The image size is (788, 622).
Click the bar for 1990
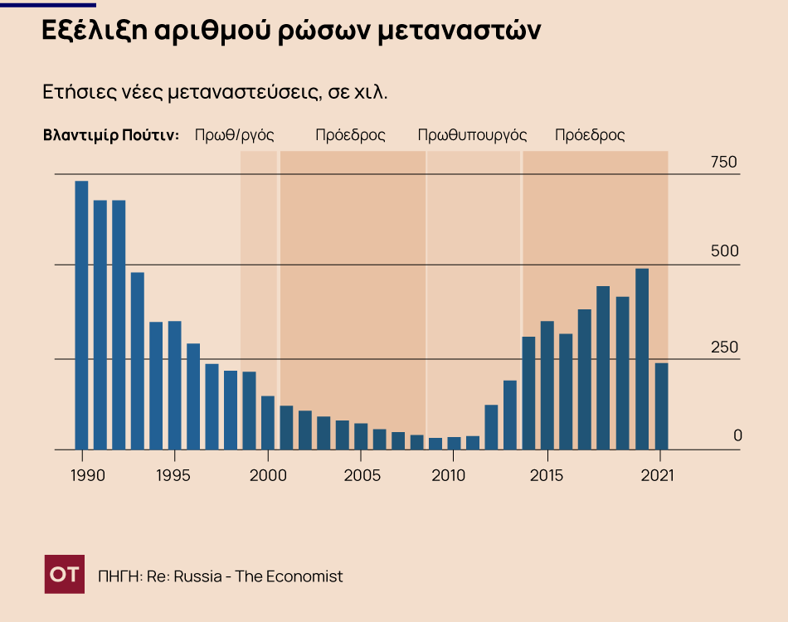(81, 315)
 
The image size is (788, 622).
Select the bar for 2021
(661, 406)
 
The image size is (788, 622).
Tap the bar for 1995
(174, 386)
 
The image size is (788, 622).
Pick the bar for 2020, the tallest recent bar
(642, 359)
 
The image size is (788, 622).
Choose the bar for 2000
(267, 423)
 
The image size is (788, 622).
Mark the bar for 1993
(137, 361)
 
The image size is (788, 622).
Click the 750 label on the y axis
(723, 163)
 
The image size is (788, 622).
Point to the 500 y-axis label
(723, 252)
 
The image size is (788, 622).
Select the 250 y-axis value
(723, 347)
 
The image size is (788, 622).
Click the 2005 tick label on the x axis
(362, 476)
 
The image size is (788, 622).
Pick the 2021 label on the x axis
(660, 476)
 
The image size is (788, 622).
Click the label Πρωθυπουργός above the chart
(472, 135)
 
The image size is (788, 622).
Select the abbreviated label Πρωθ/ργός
(234, 135)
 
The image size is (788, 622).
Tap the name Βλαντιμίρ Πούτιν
(110, 135)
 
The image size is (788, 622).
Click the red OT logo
(64, 575)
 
